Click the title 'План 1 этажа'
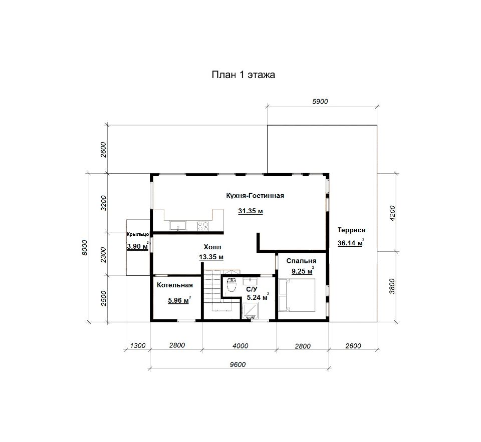pos(244,75)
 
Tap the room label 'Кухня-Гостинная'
pos(255,196)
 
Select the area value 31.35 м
pos(251,211)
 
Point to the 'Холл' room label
pos(212,247)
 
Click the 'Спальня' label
pos(301,261)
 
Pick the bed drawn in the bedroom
pos(297,295)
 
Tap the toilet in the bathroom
pos(231,285)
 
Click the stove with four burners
pos(203,226)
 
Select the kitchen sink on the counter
pos(178,226)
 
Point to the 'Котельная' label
pos(175,285)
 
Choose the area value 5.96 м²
pos(179,300)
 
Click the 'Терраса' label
pos(352,230)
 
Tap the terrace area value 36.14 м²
pos(351,243)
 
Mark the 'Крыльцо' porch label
pos(138,234)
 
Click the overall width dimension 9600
pos(237,364)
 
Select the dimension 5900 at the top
pos(320,102)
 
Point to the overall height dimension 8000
pos(85,248)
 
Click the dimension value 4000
pos(241,346)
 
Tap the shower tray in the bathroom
pos(250,311)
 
